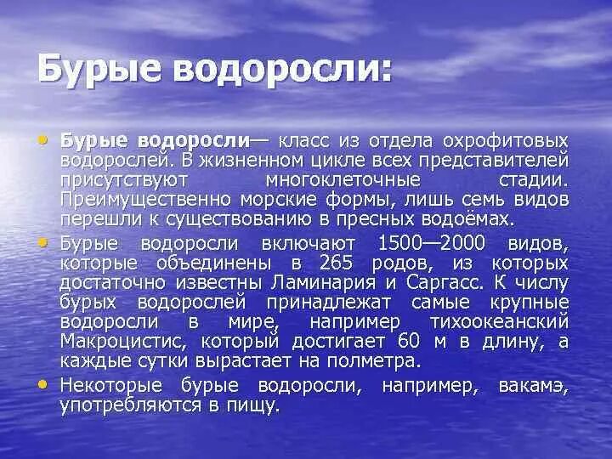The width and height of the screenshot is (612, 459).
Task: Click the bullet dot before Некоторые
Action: point(43,384)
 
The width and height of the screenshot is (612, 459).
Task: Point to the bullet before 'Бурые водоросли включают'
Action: point(43,241)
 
